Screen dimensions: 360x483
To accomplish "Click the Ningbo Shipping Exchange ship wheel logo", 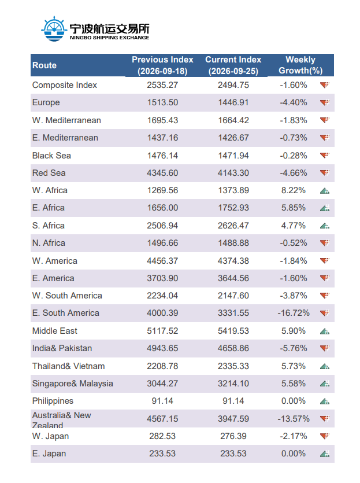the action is click(x=54, y=29).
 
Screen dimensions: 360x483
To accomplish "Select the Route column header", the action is click(x=44, y=65).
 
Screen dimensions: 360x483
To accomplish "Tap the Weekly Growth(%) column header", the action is click(x=300, y=65).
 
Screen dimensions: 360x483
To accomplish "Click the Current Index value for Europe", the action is click(x=233, y=102).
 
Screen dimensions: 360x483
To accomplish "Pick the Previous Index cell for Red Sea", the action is click(x=162, y=173).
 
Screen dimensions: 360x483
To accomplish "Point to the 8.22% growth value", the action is click(x=293, y=190).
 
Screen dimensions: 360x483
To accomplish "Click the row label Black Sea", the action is click(x=51, y=156).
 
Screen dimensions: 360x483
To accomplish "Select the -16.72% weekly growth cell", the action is click(x=294, y=313).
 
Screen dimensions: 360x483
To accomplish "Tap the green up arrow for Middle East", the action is click(x=325, y=331).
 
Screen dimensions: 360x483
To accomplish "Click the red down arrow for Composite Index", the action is click(x=325, y=84).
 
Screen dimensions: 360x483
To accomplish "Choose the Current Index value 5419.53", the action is click(x=233, y=331).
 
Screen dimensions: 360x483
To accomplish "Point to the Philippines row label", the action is click(x=53, y=401).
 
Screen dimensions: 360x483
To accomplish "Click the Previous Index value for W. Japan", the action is click(x=162, y=436).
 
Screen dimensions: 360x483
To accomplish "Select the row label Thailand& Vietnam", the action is click(x=68, y=366).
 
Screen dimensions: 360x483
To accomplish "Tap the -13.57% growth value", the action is click(x=294, y=419).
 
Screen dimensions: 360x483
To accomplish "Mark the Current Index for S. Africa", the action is click(x=233, y=226).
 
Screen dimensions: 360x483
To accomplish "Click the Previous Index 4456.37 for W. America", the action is click(x=162, y=261).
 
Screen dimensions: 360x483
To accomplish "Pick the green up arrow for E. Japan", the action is click(x=325, y=453).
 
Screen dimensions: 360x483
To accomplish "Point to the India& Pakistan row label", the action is click(x=62, y=348).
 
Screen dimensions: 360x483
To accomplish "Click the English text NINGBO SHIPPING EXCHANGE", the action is click(x=110, y=38).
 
